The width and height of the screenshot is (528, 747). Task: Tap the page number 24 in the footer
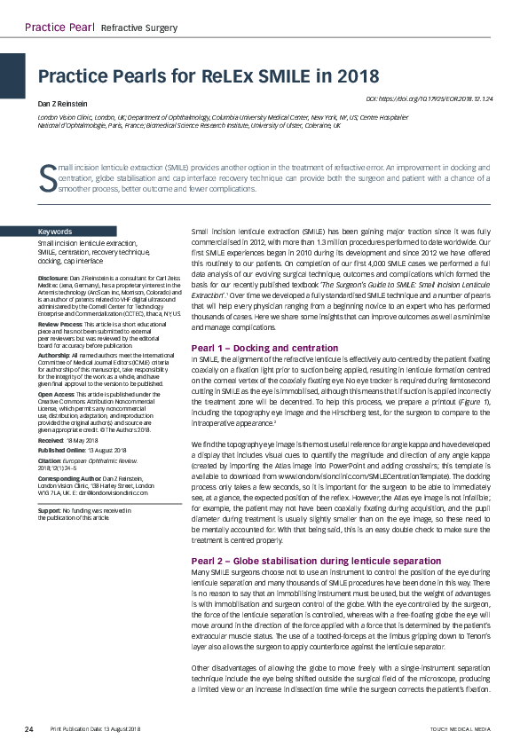pyautogui.click(x=29, y=728)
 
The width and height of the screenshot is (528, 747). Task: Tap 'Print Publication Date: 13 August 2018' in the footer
pyautogui.click(x=95, y=728)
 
